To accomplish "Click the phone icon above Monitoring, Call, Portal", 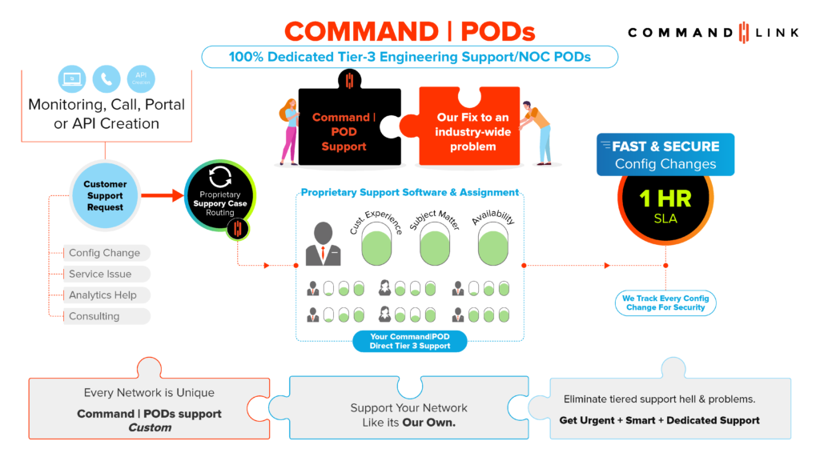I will coord(106,79).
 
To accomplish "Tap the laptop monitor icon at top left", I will coord(71,79).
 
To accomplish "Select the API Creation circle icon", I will coord(141,79).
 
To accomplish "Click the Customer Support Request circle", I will coord(105,196).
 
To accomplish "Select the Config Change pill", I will coord(105,253).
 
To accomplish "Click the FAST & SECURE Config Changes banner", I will coord(665,154).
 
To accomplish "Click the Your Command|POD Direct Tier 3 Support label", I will coord(410,342).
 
